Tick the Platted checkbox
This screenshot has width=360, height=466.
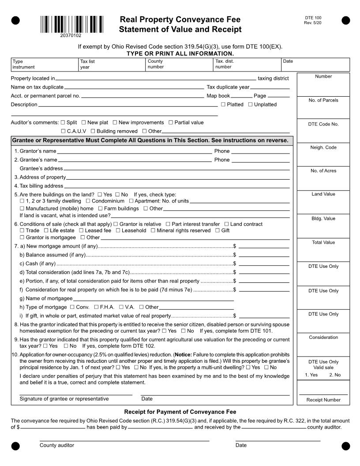tap(223, 105)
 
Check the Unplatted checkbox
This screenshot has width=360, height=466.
tap(250, 105)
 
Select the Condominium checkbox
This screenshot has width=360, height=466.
tap(88, 201)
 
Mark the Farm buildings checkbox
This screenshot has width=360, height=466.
tap(101, 208)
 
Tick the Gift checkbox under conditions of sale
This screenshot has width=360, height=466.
tap(217, 230)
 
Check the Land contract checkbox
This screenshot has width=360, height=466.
tap(226, 224)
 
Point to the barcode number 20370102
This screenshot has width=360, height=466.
tap(71, 35)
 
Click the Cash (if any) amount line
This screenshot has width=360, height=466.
tap(263, 265)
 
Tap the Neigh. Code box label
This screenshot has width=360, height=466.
tap(323, 147)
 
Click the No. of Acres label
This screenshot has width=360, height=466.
tap(323, 171)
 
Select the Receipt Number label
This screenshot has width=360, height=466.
tap(323, 400)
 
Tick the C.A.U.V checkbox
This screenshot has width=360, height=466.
tap(64, 131)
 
